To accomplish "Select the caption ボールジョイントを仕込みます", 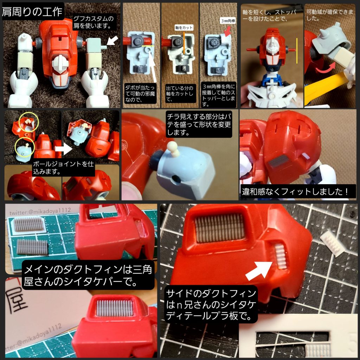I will click(63, 168).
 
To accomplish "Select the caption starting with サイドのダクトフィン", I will click(212, 304).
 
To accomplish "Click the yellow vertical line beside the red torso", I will click(297, 51).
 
